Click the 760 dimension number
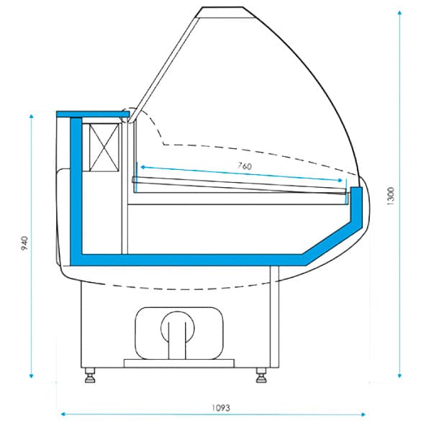tap(244, 166)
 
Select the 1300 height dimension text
tap(390, 195)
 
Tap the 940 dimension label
tap(24, 245)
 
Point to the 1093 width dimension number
tap(221, 407)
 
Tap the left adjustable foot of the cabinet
tap(91, 374)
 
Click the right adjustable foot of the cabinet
tap(261, 374)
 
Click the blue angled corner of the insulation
tap(317, 249)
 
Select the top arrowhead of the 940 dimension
tap(32, 115)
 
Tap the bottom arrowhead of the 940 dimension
tap(32, 375)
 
